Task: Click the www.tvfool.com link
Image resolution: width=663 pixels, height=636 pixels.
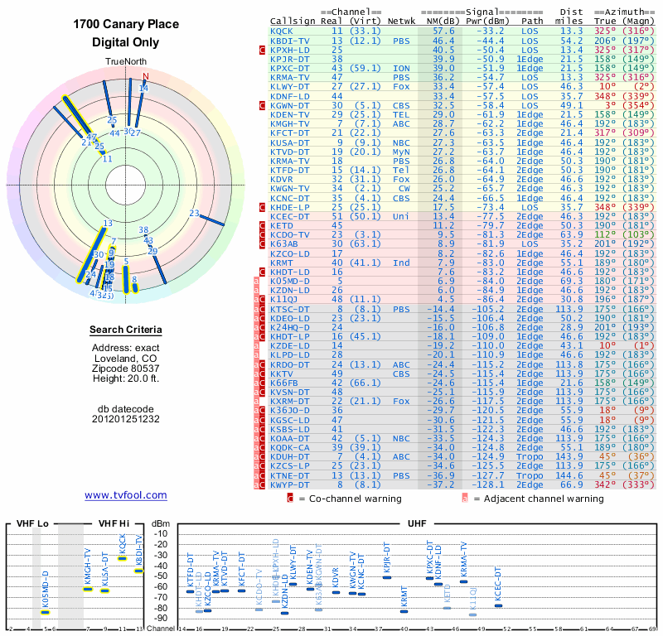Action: (x=126, y=495)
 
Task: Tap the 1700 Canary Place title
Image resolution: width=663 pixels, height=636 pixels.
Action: (x=126, y=23)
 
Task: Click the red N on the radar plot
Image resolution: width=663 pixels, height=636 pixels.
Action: (x=146, y=77)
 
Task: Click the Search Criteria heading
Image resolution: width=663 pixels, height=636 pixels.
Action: (x=126, y=330)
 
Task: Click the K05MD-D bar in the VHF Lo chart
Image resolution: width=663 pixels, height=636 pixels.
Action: (x=46, y=612)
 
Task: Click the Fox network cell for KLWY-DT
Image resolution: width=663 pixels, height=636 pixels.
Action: (x=402, y=85)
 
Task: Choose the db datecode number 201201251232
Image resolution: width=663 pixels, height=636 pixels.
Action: (x=126, y=419)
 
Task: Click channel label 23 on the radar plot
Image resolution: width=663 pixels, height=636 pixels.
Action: (x=193, y=214)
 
